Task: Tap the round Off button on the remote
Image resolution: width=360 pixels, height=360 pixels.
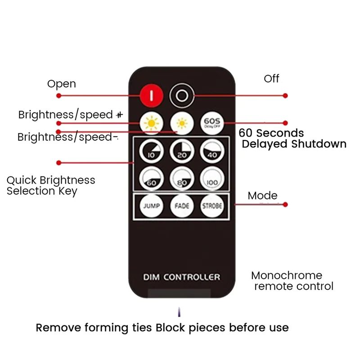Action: click(x=182, y=95)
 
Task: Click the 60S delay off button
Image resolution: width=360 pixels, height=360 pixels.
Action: click(x=211, y=123)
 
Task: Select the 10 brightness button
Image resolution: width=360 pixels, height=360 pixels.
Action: click(x=151, y=152)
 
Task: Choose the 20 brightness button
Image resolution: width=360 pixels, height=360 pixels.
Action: click(x=181, y=152)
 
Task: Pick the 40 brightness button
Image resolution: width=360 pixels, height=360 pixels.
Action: click(x=211, y=152)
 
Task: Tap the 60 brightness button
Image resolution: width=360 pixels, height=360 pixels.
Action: click(x=151, y=179)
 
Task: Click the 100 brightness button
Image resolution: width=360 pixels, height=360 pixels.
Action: click(x=211, y=179)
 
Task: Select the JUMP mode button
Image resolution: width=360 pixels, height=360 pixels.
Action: click(x=151, y=206)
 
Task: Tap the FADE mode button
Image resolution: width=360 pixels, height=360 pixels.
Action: click(x=181, y=206)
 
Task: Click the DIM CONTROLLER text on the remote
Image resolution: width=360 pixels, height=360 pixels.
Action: click(x=181, y=277)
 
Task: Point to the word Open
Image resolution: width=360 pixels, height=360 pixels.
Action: click(x=62, y=84)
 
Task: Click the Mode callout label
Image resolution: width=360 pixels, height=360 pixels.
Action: click(x=262, y=196)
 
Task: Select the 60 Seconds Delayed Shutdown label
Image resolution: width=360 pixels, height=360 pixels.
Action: click(x=292, y=139)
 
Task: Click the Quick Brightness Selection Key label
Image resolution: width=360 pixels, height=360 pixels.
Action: click(x=50, y=185)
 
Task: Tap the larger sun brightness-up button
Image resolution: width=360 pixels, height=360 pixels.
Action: click(x=151, y=123)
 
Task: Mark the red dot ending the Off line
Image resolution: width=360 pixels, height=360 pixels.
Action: click(x=285, y=95)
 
